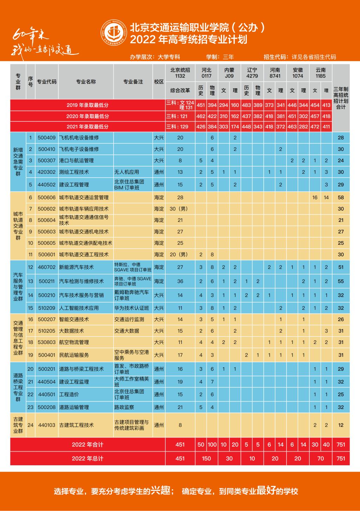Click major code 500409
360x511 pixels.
point(47,138)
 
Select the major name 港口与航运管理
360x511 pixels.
point(76,161)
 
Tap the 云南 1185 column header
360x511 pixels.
point(321,73)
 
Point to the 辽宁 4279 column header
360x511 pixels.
point(252,73)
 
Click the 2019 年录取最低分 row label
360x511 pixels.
point(88,105)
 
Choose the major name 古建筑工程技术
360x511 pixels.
point(76,425)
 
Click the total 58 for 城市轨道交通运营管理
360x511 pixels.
point(341,198)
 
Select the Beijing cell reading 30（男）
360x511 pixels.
point(180,209)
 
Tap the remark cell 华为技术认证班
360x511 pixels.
point(131,308)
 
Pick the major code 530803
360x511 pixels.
point(47,342)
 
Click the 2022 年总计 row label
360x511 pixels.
point(88,459)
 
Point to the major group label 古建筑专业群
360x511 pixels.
point(18,425)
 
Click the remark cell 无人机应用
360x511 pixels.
point(127,172)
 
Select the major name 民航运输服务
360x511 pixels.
point(74,355)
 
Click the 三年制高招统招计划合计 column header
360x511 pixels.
point(341,98)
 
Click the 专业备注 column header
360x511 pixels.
point(133,82)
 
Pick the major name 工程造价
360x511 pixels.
point(69,395)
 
